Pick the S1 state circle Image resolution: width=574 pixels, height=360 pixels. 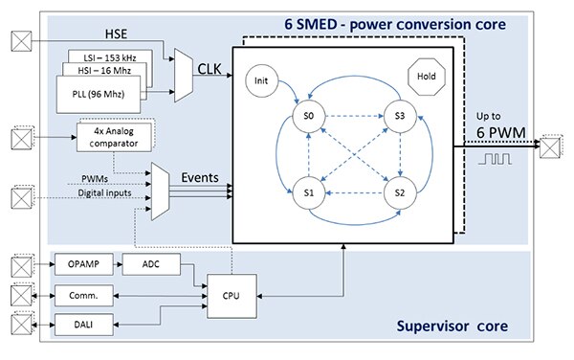308,191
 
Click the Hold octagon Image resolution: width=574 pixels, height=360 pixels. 425,73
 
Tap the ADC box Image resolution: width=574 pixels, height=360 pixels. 151,263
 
